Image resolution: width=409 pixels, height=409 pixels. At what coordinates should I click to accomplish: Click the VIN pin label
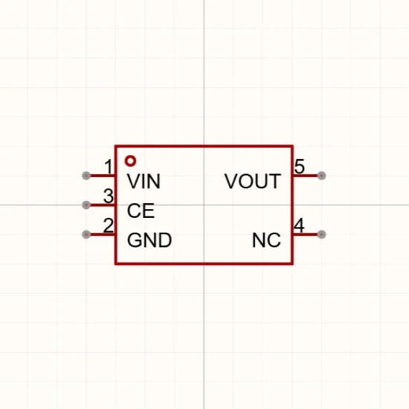(144, 181)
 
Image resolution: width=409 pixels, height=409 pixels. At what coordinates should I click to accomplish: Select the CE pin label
(141, 210)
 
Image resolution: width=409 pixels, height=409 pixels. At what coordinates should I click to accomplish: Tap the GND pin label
(149, 240)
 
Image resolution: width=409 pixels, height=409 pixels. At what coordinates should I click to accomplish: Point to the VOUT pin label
(253, 181)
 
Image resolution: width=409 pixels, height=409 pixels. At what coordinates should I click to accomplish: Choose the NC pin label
(266, 240)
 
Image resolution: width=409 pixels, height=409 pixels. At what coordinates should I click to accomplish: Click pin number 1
(109, 167)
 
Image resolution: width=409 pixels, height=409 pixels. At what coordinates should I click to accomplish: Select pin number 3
(109, 196)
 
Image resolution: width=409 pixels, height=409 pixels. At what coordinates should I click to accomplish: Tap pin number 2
(109, 225)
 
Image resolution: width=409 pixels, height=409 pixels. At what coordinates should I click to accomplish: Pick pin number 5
(300, 167)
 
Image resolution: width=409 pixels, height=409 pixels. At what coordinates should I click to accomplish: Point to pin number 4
(299, 225)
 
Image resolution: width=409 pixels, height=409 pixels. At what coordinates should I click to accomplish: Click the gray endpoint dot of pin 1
(86, 175)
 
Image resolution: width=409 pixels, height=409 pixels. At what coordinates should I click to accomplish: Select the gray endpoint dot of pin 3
(86, 205)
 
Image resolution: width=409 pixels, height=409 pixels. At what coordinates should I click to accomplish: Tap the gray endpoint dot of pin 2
(86, 234)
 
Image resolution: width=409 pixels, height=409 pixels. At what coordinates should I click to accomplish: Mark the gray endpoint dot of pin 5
(321, 175)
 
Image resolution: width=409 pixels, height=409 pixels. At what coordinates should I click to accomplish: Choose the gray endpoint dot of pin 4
(321, 234)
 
